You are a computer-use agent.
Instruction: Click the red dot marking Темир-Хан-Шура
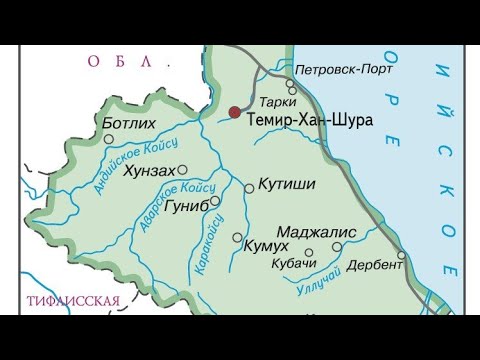234,113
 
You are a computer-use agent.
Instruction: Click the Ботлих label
131,124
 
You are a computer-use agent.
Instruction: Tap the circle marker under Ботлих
109,139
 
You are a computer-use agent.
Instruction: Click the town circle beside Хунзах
182,169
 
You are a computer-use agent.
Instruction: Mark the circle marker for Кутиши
249,187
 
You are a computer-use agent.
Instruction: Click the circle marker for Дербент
401,255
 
